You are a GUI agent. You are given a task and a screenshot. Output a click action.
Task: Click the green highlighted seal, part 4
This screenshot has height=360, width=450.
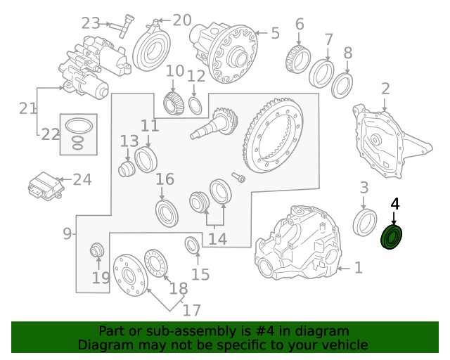click(x=391, y=237)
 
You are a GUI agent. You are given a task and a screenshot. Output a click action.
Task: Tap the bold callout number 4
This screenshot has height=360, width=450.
click(x=395, y=204)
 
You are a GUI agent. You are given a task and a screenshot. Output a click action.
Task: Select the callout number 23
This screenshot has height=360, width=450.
click(x=91, y=23)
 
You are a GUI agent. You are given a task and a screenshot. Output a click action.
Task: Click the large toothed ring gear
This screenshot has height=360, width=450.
click(x=273, y=136)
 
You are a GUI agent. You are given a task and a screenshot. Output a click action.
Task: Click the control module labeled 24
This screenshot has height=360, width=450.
click(x=45, y=186)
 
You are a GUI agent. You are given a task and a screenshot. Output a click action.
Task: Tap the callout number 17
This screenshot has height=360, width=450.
click(x=192, y=310)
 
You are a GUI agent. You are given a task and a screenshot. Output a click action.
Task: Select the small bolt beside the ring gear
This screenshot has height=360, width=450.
click(x=238, y=177)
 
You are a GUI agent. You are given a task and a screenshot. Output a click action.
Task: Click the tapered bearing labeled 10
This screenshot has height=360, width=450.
click(x=174, y=103)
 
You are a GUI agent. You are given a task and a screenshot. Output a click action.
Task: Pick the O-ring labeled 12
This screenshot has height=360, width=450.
click(x=195, y=105)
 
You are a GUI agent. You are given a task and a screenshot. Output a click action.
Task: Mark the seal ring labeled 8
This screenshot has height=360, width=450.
click(x=342, y=86)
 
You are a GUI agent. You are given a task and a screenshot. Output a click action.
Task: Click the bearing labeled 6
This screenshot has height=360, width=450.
click(x=298, y=58)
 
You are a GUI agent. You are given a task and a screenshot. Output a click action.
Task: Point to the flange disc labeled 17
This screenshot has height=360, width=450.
click(x=130, y=275)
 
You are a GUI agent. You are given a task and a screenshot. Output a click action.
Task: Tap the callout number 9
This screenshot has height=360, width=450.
click(x=67, y=233)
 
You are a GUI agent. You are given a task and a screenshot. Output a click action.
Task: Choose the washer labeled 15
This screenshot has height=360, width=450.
click(x=191, y=245)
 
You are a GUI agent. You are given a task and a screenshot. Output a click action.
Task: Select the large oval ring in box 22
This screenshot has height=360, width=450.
click(x=79, y=126)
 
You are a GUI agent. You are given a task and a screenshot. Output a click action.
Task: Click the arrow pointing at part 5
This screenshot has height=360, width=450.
click(x=261, y=33)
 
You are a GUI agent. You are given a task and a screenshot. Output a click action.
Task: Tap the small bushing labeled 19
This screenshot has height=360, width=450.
click(x=96, y=250)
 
